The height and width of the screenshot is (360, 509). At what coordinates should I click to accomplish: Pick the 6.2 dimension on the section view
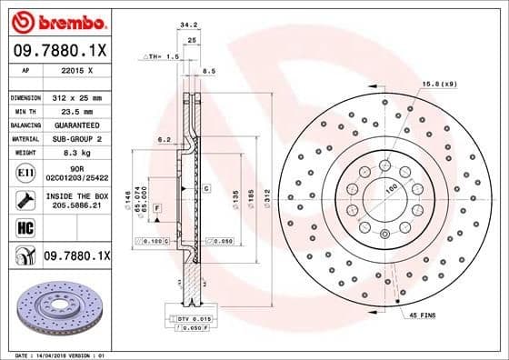164,139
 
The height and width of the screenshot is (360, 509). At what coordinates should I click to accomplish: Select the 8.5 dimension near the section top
208,70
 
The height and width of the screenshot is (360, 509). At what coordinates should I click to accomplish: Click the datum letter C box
207,188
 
